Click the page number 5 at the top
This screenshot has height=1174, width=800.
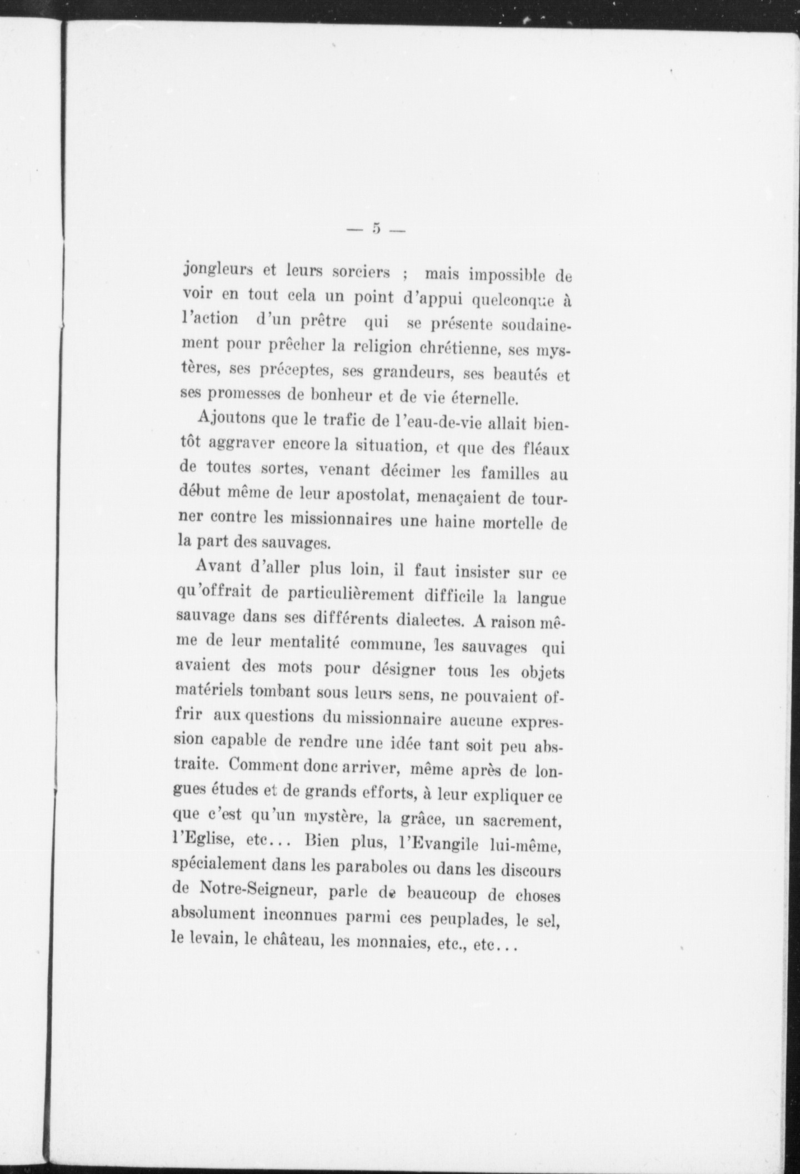coord(377,229)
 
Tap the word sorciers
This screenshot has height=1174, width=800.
coord(361,273)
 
